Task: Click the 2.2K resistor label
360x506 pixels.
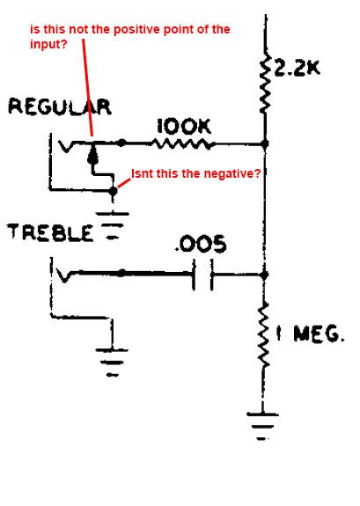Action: (297, 68)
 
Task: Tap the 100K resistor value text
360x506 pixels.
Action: (184, 127)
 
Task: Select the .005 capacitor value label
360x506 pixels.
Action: (201, 244)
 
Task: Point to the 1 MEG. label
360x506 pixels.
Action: (310, 334)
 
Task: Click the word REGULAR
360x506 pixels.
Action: (60, 106)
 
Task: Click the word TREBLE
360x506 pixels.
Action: (50, 232)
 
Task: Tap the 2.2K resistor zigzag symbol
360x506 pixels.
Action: (266, 84)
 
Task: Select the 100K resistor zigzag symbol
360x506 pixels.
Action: (182, 143)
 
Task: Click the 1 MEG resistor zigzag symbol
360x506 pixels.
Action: (265, 335)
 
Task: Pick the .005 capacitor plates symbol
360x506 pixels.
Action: (202, 275)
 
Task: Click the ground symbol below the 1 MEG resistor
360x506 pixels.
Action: (262, 426)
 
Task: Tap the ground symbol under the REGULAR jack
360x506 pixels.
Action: (112, 225)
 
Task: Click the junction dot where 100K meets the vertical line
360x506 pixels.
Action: (265, 143)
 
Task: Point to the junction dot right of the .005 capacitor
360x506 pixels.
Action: (264, 275)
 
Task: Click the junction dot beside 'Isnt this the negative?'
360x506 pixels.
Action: (113, 191)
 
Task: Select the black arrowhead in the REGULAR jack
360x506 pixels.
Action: (92, 155)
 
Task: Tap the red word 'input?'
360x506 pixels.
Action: (48, 44)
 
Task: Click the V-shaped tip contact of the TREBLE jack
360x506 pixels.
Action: (64, 275)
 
